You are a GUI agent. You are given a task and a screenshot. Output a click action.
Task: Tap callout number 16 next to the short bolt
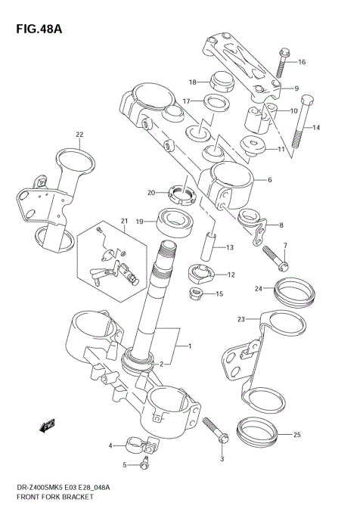pyautogui.click(x=302, y=62)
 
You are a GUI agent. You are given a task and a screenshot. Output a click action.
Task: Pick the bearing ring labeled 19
pyautogui.click(x=174, y=222)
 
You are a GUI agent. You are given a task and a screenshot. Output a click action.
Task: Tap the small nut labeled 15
pyautogui.click(x=197, y=293)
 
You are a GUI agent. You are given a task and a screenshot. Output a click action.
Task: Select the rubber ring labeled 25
pyautogui.click(x=257, y=433)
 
